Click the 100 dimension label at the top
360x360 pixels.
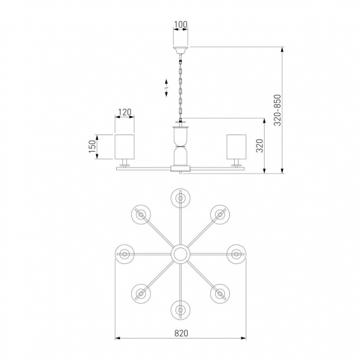pyautogui.click(x=181, y=24)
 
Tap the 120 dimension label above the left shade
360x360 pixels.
pyautogui.click(x=125, y=112)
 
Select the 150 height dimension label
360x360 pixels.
pyautogui.click(x=92, y=147)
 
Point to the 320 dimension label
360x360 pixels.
pyautogui.click(x=260, y=145)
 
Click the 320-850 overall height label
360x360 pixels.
pyautogui.click(x=277, y=110)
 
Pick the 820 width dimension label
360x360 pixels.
pyautogui.click(x=181, y=333)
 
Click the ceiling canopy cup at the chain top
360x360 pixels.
pyautogui.click(x=180, y=50)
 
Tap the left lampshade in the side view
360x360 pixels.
pyautogui.click(x=125, y=147)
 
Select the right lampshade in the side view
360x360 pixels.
pyautogui.click(x=237, y=147)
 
